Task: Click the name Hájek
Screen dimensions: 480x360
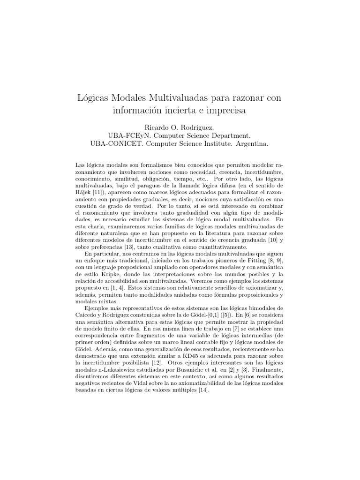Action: [84, 193]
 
